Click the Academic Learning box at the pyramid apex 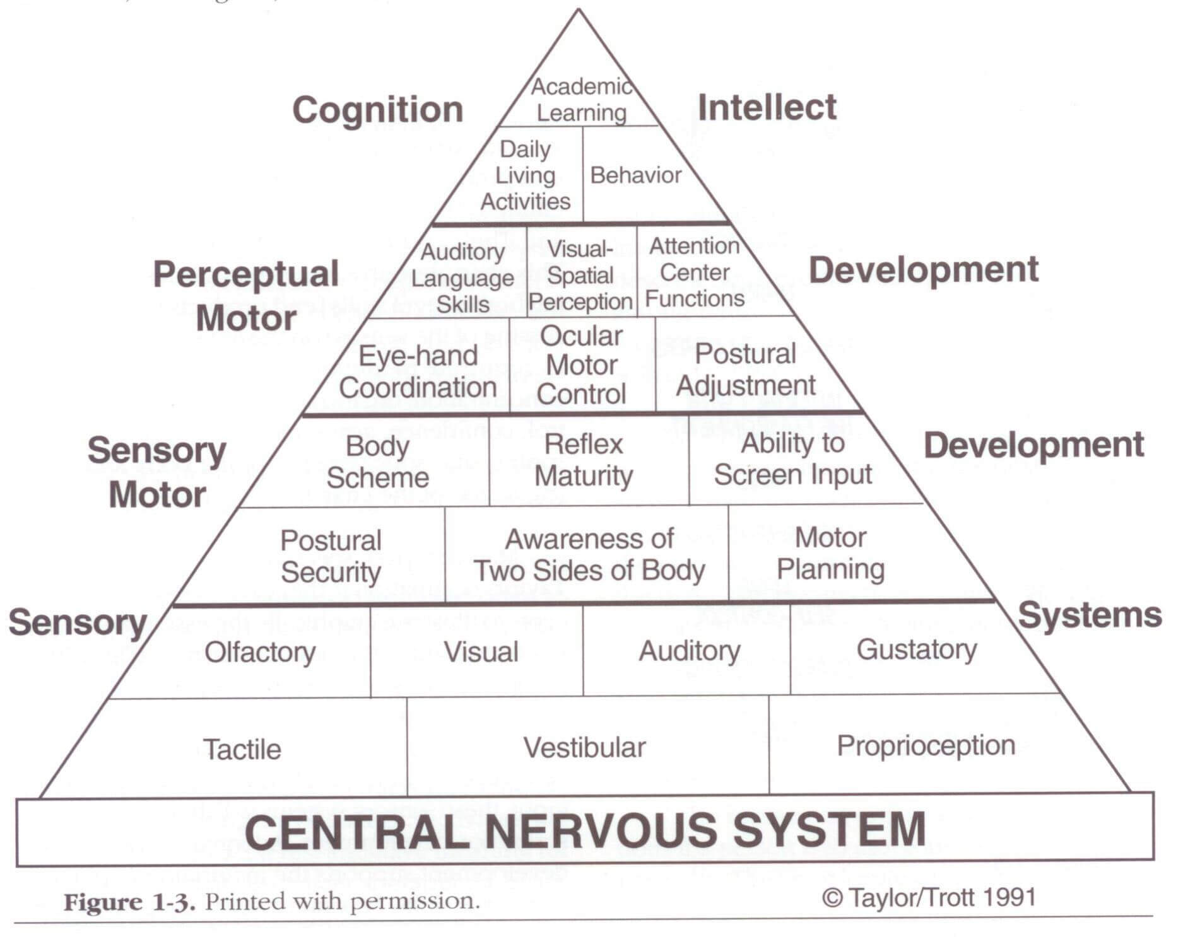[x=580, y=100]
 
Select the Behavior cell [x=635, y=175]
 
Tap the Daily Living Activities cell [x=525, y=175]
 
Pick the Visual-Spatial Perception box [x=580, y=276]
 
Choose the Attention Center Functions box [x=695, y=272]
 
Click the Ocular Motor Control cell [x=581, y=366]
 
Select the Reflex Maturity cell [x=584, y=460]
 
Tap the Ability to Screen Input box [x=792, y=459]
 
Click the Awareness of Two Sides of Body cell [x=589, y=555]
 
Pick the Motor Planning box [x=830, y=554]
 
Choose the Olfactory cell [x=260, y=652]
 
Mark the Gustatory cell [x=916, y=649]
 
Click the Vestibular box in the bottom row [x=584, y=748]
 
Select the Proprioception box [x=926, y=745]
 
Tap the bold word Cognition [x=377, y=110]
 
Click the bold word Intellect [x=767, y=107]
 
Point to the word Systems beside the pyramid [x=1090, y=615]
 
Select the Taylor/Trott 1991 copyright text [x=929, y=897]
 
